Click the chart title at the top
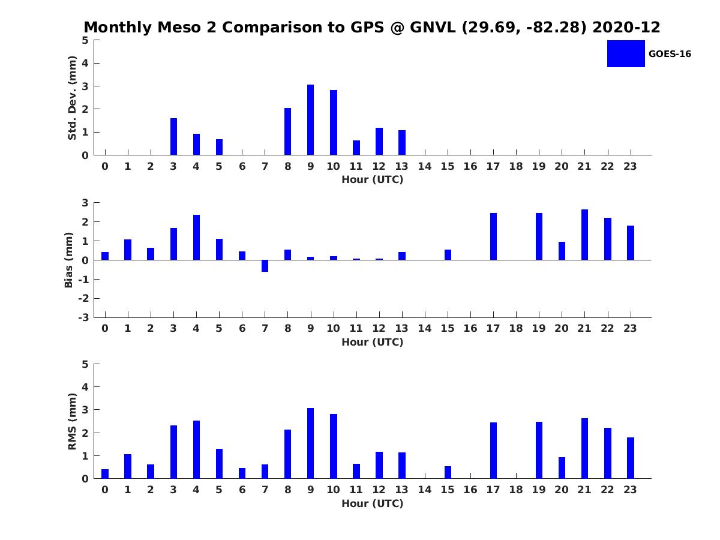coord(372,28)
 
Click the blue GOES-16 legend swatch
coord(626,53)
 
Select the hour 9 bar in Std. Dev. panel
coord(310,120)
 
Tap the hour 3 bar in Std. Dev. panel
coord(173,137)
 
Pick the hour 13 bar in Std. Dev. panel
coord(402,143)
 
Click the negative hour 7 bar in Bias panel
coord(265,266)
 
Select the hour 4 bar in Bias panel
coord(196,238)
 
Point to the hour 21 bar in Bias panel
coord(584,235)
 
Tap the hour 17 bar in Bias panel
coord(493,236)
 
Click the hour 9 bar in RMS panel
coord(310,443)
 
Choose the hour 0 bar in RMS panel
coord(105,474)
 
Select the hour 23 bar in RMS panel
coord(630,458)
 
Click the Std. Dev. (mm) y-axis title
coord(72,98)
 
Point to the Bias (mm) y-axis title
coord(69,260)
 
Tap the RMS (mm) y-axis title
coord(72,421)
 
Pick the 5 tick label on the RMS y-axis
coord(86,364)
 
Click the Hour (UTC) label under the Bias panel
coord(372,343)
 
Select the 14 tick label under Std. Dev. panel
coord(424,166)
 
